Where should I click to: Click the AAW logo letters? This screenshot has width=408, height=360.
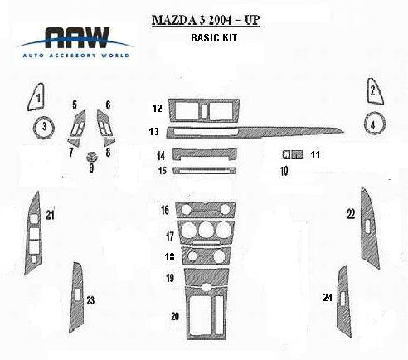[77, 38]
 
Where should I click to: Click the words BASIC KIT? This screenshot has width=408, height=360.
[214, 37]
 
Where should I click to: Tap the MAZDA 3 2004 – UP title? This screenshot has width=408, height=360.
[206, 20]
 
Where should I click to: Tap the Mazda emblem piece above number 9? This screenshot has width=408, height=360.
[92, 157]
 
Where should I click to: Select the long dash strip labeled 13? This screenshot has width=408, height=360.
[255, 132]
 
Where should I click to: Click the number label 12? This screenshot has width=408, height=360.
[157, 108]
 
